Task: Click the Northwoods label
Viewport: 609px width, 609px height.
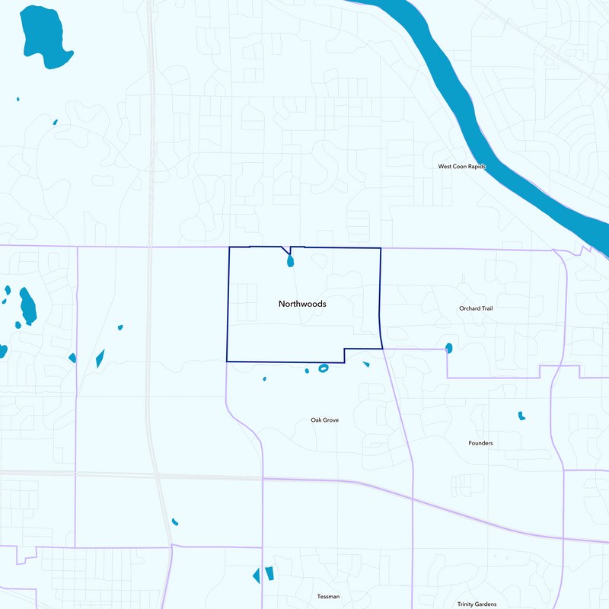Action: pyautogui.click(x=302, y=304)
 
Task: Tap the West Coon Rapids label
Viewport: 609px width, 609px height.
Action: pyautogui.click(x=461, y=166)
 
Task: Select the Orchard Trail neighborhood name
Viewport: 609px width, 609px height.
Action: pyautogui.click(x=476, y=308)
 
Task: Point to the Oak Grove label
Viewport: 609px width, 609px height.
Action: pyautogui.click(x=324, y=420)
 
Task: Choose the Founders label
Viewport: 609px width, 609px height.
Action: pyautogui.click(x=480, y=443)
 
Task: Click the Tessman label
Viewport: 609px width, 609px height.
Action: pyautogui.click(x=328, y=596)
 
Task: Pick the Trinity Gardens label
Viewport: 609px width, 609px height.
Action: pyautogui.click(x=477, y=604)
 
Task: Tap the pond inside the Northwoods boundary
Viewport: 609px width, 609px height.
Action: pyautogui.click(x=290, y=262)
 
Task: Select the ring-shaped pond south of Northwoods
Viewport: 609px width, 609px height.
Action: pyautogui.click(x=323, y=368)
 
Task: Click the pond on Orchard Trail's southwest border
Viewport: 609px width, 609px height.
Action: pyautogui.click(x=448, y=348)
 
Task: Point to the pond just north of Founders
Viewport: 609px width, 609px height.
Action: pyautogui.click(x=521, y=416)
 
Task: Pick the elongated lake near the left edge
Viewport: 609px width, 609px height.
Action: pyautogui.click(x=27, y=305)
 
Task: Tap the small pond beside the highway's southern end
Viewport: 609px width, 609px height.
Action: pyautogui.click(x=175, y=522)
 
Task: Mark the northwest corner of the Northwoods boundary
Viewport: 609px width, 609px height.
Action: pyautogui.click(x=230, y=247)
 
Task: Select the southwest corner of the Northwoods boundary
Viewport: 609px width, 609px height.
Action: pyautogui.click(x=227, y=360)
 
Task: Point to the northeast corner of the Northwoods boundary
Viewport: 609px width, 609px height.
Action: pyautogui.click(x=380, y=248)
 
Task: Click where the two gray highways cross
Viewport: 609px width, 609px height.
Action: pyautogui.click(x=156, y=476)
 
